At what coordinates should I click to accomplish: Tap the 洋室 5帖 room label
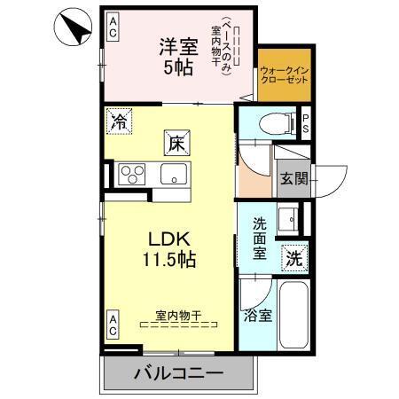tap(177, 55)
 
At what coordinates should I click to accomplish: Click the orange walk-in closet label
tap(284, 74)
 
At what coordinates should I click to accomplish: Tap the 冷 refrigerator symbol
tap(118, 123)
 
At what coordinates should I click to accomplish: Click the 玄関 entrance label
tap(293, 178)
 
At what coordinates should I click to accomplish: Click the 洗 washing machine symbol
tap(293, 259)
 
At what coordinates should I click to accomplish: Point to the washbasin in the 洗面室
tap(289, 219)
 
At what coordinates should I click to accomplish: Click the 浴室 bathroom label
tap(257, 314)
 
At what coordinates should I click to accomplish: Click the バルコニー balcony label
tap(178, 373)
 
